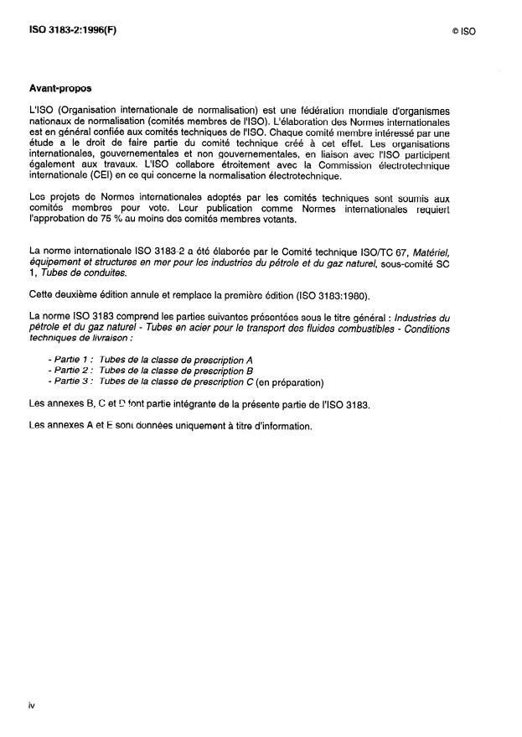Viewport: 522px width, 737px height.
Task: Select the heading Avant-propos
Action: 60,88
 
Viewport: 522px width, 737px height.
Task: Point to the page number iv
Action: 32,706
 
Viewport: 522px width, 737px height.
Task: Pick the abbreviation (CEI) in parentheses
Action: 104,177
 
